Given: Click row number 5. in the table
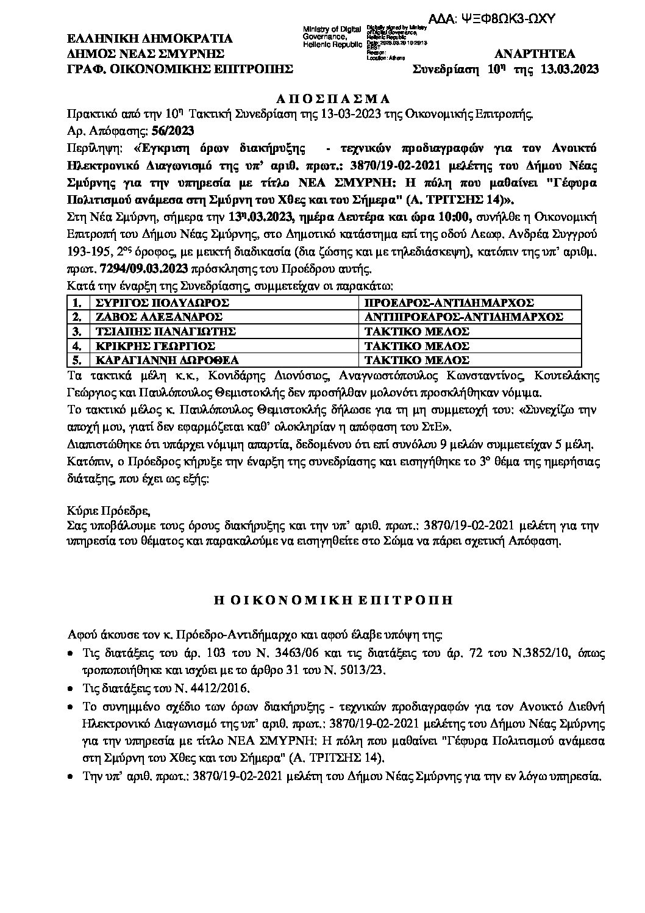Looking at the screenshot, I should pos(77,360).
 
